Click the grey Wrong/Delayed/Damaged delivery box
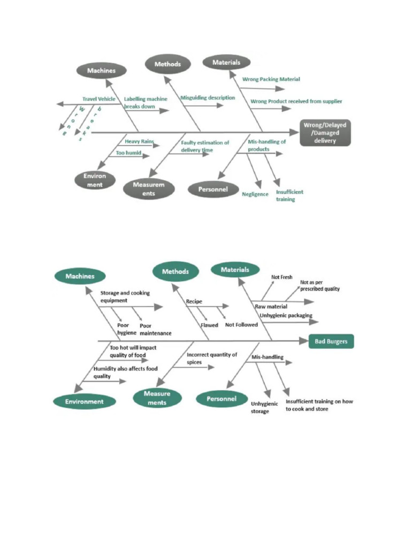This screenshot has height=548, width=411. pos(325,133)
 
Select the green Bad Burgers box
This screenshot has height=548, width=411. pos(331,341)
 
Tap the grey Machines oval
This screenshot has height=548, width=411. pos(101,70)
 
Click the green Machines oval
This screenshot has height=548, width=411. pos(80,276)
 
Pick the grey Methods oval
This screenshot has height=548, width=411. pos(168,64)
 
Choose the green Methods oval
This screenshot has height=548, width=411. pos(176,271)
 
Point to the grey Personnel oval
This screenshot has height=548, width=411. pos(213,189)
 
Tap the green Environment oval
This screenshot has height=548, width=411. pos(84,401)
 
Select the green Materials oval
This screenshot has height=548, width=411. pos(235,270)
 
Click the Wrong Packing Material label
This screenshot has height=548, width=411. pos(271,79)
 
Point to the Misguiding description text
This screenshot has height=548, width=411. pos(208,98)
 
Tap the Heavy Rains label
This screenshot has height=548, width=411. pos(139,141)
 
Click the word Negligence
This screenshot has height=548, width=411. pos(255,194)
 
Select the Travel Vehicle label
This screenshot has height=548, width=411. pos(98,99)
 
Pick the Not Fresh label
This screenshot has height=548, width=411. pos(281,277)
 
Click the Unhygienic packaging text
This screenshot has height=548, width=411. pos(286,316)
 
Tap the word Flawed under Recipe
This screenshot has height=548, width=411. pos(209,325)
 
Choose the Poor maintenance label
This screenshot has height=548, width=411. pos(155,329)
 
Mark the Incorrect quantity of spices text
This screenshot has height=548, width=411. pos(211,359)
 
